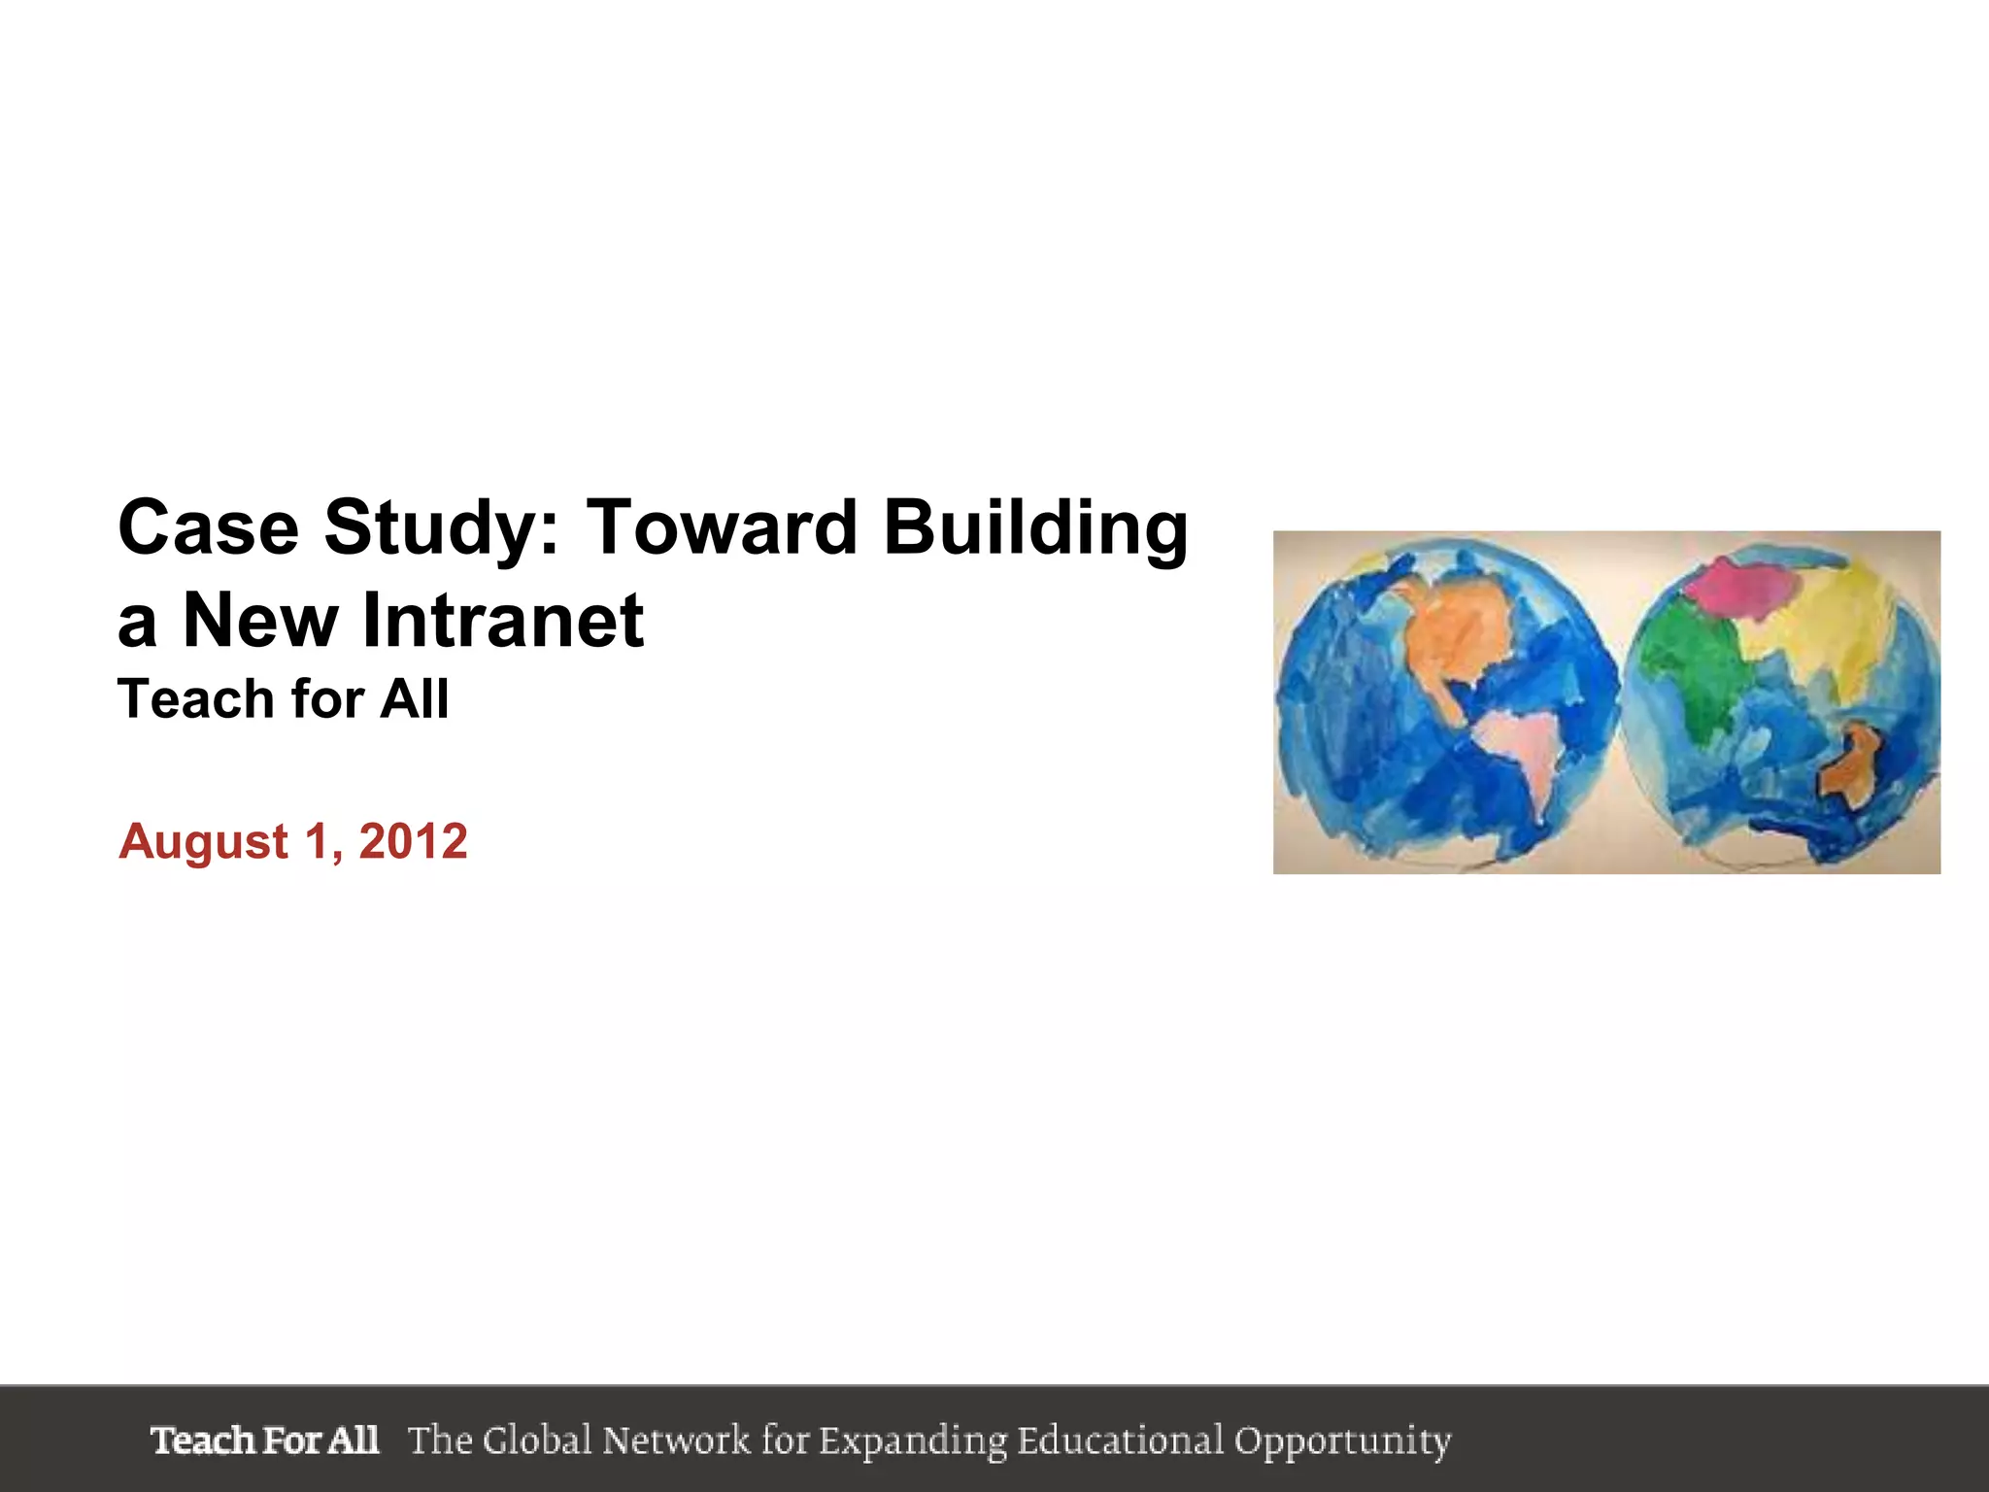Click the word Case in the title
tap(209, 527)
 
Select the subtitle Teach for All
tap(283, 699)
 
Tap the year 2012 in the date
tap(414, 841)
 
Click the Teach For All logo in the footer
tap(264, 1440)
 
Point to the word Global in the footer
tap(537, 1440)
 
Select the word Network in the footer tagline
tap(676, 1440)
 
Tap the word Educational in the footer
tap(1120, 1440)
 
